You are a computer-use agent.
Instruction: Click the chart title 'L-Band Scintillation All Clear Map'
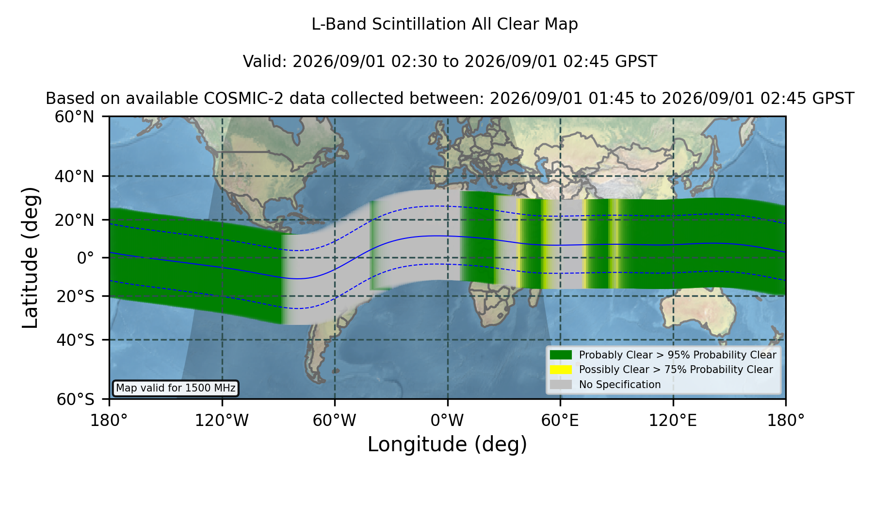point(444,24)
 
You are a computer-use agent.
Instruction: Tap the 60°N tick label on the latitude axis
point(74,117)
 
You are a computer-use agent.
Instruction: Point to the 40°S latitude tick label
point(75,340)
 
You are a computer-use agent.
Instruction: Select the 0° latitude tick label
point(85,258)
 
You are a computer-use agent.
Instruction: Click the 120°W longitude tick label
point(222,420)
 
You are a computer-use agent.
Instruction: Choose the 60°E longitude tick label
point(560,420)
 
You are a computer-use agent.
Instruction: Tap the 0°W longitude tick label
point(447,420)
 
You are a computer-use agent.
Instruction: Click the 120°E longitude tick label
point(673,420)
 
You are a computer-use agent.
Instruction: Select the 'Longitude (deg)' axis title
point(447,444)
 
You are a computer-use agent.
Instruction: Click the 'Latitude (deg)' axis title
point(30,257)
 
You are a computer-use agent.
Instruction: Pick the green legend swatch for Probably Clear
point(561,355)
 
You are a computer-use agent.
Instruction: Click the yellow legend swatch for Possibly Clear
point(561,370)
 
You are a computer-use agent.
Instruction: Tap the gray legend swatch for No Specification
point(561,385)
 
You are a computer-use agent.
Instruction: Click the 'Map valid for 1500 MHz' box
point(176,388)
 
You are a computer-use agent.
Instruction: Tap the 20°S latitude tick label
point(75,296)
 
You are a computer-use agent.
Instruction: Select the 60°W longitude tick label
point(335,420)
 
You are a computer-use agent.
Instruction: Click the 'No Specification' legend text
point(620,385)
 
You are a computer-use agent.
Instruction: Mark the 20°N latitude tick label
point(74,220)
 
